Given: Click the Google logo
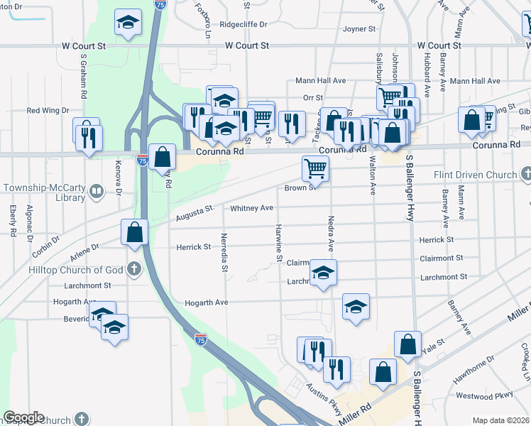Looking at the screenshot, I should click(x=23, y=417).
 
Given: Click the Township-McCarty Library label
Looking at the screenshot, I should click(x=44, y=192).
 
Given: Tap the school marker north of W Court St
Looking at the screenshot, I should click(x=127, y=23).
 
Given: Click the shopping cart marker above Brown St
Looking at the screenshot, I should click(x=315, y=169).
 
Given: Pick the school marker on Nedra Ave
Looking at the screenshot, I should click(x=323, y=273).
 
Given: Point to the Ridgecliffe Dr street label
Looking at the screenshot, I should click(x=243, y=23).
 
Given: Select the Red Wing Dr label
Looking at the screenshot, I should click(x=48, y=111).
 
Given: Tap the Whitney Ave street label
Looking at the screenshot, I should click(x=251, y=208).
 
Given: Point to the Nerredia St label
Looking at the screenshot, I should click(x=224, y=253).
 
